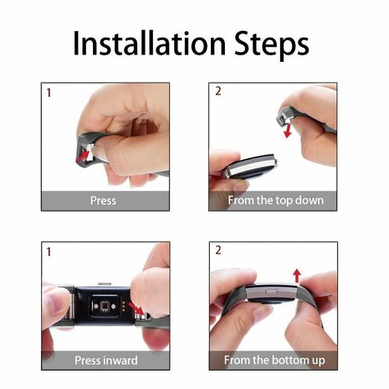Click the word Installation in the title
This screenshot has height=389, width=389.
146,44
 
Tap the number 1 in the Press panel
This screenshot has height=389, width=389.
48,93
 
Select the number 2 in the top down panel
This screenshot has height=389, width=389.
218,91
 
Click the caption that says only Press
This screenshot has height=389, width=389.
103,201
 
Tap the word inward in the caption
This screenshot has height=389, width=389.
120,361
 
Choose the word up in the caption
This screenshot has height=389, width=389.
316,361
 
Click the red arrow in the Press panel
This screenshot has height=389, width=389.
84,155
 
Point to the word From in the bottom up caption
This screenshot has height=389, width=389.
243,361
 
